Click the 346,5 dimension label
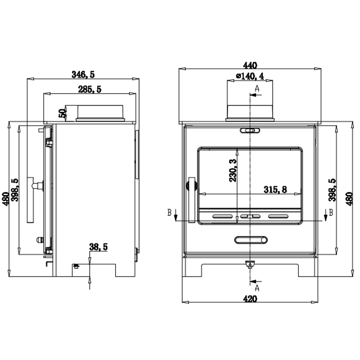point(83,75)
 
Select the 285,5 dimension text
point(90,89)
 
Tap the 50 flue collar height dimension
point(62,113)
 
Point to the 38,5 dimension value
point(98,247)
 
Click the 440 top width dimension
point(250,65)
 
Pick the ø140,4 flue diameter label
point(250,76)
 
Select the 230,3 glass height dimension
point(233,171)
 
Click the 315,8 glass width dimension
point(275,189)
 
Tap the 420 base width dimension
point(250,299)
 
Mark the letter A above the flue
point(257,88)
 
